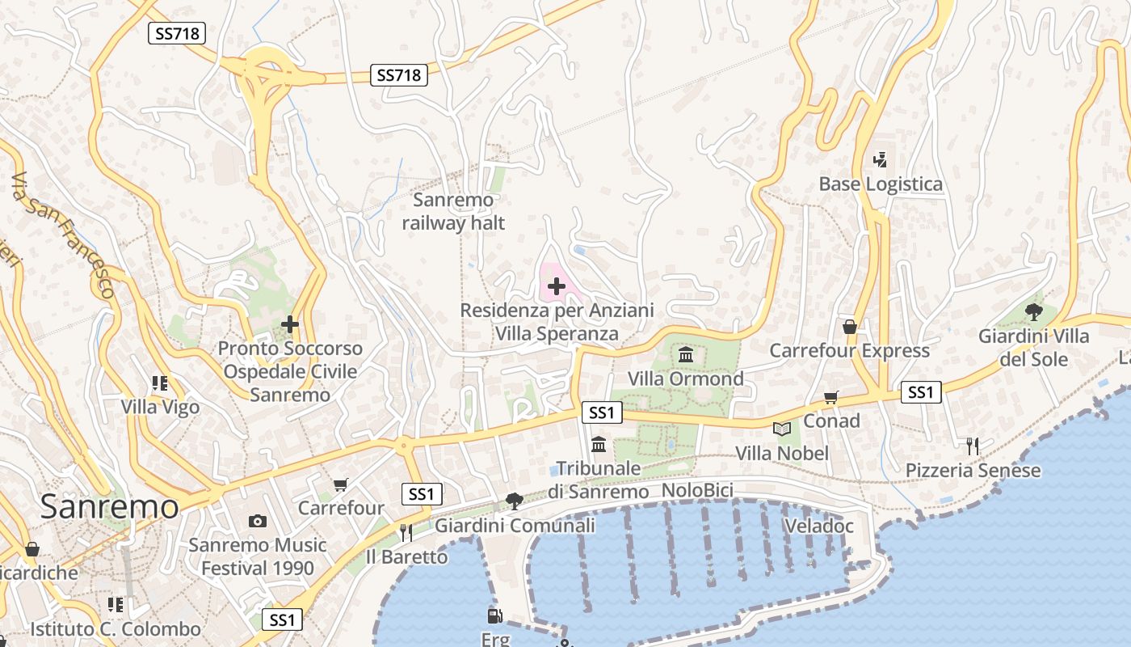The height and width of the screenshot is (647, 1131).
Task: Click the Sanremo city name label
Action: click(x=109, y=507)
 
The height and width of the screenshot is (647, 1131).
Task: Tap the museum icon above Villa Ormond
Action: click(x=686, y=354)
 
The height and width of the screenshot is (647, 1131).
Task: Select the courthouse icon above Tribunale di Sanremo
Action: click(x=599, y=444)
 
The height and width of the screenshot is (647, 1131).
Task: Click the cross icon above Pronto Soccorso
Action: click(x=290, y=324)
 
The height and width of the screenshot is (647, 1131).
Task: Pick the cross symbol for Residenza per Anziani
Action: click(x=556, y=285)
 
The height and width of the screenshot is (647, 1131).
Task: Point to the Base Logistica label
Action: click(x=881, y=184)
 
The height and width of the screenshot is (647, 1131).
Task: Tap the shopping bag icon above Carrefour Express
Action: click(x=849, y=327)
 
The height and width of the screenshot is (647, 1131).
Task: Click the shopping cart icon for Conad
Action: click(x=831, y=397)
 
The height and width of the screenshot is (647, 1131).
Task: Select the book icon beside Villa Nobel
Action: click(x=781, y=429)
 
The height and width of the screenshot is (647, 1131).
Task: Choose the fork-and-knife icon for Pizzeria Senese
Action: click(x=973, y=446)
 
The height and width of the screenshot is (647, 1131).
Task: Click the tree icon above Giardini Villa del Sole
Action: click(x=1033, y=311)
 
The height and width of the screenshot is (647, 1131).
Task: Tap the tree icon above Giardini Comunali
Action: click(x=514, y=501)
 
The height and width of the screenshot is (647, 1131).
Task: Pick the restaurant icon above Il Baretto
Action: click(x=406, y=532)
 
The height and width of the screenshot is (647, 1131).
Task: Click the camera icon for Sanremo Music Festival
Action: click(x=258, y=521)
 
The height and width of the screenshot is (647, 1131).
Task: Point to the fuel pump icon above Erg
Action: click(x=495, y=616)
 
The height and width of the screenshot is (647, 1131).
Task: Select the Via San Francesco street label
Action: click(x=65, y=235)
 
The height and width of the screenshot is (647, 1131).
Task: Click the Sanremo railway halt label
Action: click(x=453, y=211)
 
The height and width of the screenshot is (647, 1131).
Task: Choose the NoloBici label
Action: click(x=697, y=490)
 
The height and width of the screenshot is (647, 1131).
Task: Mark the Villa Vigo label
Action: click(x=160, y=406)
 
